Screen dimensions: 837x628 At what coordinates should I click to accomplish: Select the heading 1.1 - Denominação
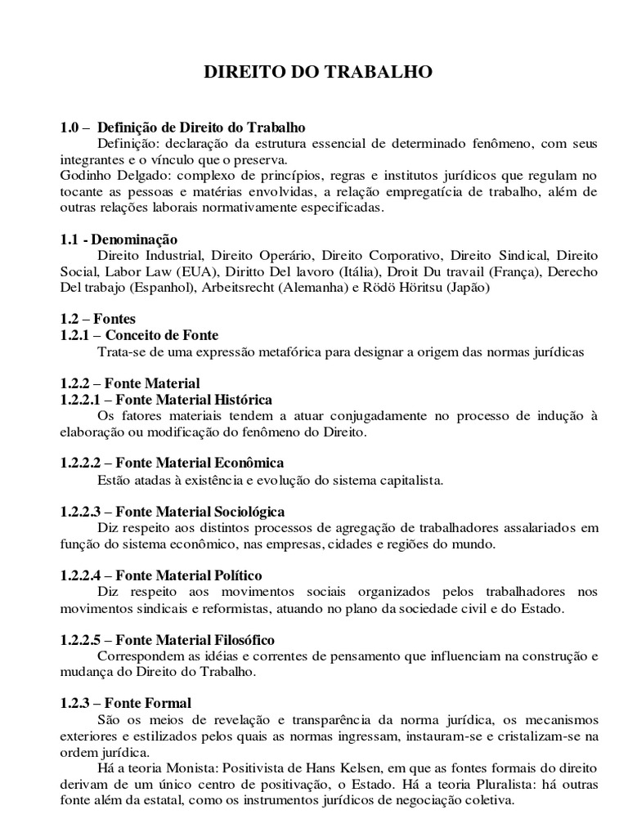(x=119, y=239)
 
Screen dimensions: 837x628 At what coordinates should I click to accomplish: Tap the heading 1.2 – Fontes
(x=98, y=319)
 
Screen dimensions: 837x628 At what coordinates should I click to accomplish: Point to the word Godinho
(x=85, y=176)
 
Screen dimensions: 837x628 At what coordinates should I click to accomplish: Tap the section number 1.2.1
(x=74, y=335)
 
